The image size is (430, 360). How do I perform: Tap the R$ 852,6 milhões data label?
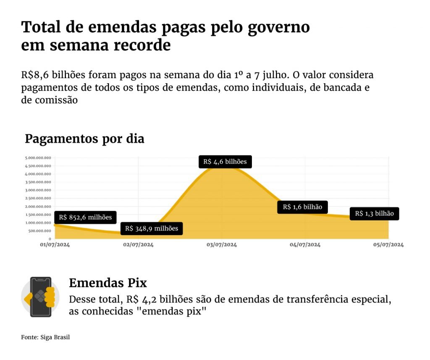point(85,217)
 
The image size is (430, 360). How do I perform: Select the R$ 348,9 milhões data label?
point(152,229)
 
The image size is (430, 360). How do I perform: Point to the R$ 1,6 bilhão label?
point(302,207)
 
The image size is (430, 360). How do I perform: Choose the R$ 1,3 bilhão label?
point(374,213)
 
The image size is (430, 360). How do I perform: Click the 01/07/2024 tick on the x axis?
point(55,244)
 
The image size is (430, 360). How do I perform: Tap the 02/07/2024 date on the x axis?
point(138,244)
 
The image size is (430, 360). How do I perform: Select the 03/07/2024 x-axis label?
point(222,244)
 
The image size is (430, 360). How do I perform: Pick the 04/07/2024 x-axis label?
point(305,244)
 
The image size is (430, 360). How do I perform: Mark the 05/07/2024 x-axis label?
point(388,244)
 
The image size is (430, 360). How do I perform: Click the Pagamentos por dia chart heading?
point(84,139)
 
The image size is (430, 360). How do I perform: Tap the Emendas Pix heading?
point(108,283)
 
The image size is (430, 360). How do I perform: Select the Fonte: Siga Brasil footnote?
point(45,337)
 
